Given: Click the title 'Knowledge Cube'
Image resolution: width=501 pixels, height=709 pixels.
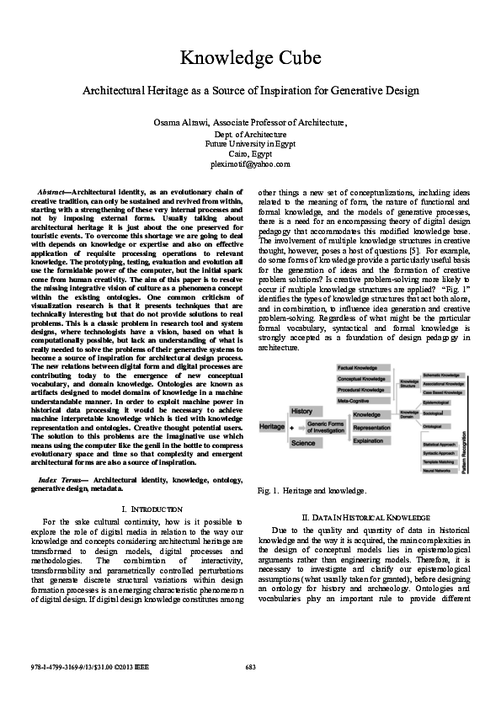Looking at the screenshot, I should click(x=250, y=58).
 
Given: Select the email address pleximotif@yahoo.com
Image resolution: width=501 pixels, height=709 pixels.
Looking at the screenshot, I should click(x=250, y=164).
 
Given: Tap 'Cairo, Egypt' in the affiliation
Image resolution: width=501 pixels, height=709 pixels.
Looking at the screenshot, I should click(x=250, y=154).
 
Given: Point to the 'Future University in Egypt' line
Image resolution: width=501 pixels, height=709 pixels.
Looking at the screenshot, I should click(x=250, y=144).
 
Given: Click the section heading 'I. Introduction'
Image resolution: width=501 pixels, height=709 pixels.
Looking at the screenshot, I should click(x=141, y=509).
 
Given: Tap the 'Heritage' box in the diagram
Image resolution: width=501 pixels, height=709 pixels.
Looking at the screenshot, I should click(x=271, y=428).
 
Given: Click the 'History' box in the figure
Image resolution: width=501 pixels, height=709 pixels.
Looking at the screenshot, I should click(x=302, y=411).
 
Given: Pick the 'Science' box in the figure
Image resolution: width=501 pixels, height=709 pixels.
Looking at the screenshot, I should click(x=302, y=443).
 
